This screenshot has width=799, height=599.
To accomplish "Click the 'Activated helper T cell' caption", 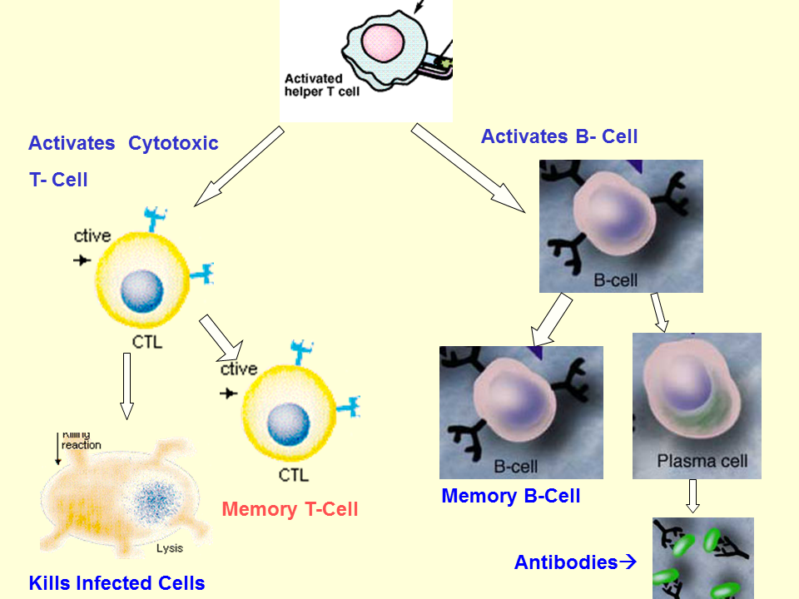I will pyautogui.click(x=322, y=85).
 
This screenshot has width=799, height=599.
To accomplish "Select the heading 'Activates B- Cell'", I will pyautogui.click(x=559, y=136).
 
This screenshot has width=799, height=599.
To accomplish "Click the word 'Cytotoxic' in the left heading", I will pyautogui.click(x=173, y=143).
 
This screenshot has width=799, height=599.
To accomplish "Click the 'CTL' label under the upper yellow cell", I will pyautogui.click(x=147, y=342).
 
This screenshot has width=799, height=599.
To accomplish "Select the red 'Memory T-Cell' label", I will pyautogui.click(x=290, y=509).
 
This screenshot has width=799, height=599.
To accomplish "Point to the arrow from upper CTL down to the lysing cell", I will pyautogui.click(x=127, y=385).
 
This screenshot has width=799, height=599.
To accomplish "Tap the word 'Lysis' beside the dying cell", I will pyautogui.click(x=170, y=548).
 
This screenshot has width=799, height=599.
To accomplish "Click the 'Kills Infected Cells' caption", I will pyautogui.click(x=117, y=583).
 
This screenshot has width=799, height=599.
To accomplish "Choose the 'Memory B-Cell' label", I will pyautogui.click(x=510, y=497).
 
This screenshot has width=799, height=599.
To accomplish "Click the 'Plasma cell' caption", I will pyautogui.click(x=702, y=460).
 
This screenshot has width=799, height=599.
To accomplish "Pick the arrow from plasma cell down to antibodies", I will pyautogui.click(x=692, y=496).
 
